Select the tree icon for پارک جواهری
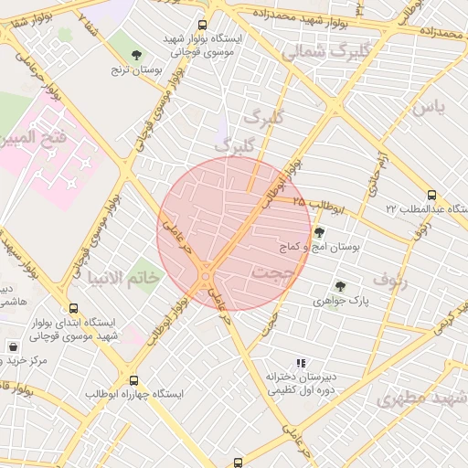[x=341, y=286]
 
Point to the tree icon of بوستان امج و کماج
[x=319, y=233]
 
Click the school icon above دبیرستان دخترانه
[x=302, y=363]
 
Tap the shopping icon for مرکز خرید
[x=14, y=346]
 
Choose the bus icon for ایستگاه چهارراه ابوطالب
[x=134, y=380]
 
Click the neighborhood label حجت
[x=271, y=271]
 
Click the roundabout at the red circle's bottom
[x=207, y=272]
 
